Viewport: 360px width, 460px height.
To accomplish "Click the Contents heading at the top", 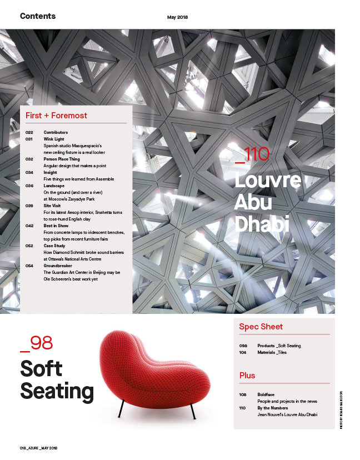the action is (x=38, y=16).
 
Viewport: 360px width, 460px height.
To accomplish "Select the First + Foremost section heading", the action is (x=56, y=116).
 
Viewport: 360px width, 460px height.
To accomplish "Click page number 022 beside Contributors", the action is (x=30, y=132).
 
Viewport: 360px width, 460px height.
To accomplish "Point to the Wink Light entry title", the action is (x=54, y=139).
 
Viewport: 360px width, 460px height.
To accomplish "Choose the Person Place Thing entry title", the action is (x=61, y=159).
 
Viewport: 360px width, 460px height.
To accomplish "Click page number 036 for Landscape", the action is (x=30, y=186).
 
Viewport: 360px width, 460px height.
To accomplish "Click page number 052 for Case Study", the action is (x=30, y=246).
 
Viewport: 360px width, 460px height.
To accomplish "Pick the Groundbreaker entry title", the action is (x=58, y=266).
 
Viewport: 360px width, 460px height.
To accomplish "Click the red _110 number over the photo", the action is (x=252, y=154).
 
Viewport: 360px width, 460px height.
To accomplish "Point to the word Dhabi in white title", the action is (x=262, y=223).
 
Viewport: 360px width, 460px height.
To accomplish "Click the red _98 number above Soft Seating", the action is (x=36, y=343).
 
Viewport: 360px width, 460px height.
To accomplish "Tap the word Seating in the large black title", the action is (x=57, y=391).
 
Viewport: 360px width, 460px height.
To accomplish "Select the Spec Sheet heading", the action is (x=261, y=327).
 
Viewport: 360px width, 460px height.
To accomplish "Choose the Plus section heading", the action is (x=247, y=376).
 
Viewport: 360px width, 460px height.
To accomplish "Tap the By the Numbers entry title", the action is (x=272, y=408).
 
